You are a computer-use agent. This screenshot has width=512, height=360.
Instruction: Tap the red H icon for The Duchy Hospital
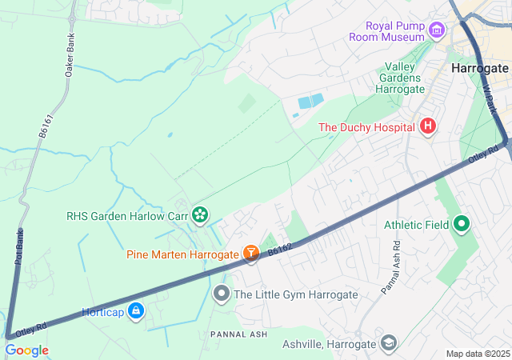[x=428, y=126]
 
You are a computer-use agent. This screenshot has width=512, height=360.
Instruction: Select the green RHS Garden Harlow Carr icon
[x=199, y=214]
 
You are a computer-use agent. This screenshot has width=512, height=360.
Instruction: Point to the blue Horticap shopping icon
[x=136, y=310]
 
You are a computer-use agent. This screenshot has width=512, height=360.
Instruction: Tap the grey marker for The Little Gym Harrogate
[x=222, y=294]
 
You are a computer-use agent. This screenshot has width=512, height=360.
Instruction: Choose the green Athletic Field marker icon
[x=461, y=225]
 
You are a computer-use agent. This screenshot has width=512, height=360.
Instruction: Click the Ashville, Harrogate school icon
[x=388, y=343]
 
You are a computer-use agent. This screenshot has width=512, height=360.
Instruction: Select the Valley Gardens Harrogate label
[x=405, y=78]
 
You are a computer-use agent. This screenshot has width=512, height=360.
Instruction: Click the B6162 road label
[x=279, y=250]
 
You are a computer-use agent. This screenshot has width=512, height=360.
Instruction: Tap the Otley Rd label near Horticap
[x=31, y=329]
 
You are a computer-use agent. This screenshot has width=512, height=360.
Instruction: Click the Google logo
[x=26, y=350]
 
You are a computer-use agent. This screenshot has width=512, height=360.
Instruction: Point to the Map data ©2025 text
[x=477, y=354]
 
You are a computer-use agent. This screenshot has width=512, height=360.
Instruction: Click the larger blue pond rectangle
[x=310, y=102]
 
